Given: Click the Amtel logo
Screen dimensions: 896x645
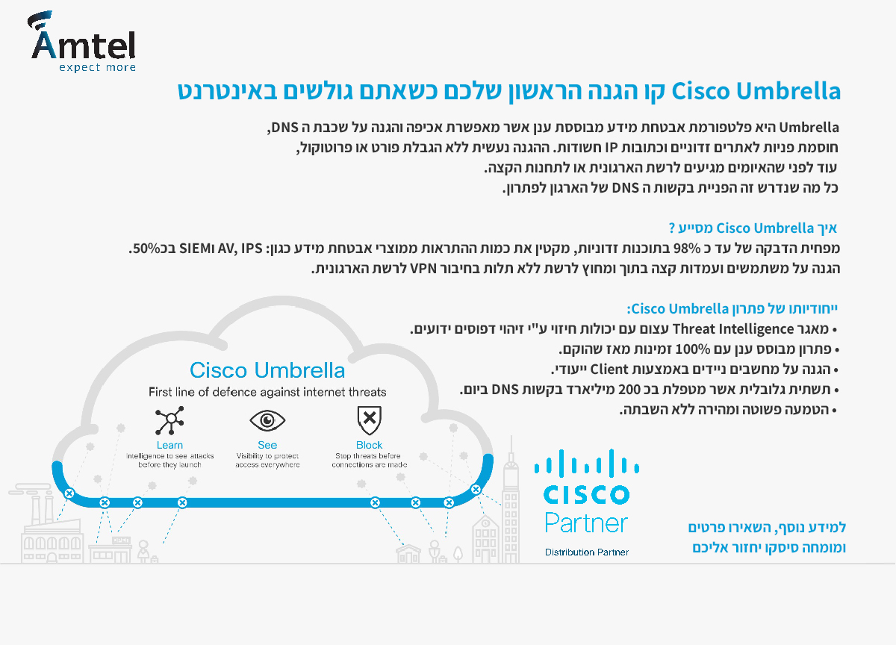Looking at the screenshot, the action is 83,41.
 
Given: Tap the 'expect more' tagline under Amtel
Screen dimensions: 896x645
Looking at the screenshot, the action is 98,67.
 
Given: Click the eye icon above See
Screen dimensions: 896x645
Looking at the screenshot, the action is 267,420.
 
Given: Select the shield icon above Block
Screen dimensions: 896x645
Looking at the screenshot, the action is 369,420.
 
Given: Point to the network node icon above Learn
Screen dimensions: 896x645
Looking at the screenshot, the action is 169,420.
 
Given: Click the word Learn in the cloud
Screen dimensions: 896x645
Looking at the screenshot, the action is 169,445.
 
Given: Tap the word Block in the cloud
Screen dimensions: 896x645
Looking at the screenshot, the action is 369,445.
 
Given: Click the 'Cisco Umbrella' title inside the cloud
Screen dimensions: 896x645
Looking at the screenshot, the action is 267,370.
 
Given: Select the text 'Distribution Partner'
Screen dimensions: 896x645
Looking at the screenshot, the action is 587,552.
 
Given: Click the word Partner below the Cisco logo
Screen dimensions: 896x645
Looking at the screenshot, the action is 586,523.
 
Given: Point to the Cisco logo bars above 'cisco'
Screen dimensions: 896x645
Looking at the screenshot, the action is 586,463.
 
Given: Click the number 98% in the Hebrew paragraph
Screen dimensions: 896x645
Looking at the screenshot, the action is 687,249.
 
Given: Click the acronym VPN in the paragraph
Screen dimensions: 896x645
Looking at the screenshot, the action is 423,269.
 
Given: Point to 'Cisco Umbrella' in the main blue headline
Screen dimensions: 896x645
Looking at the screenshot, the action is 756,91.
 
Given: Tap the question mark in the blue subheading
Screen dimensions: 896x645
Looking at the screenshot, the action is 672,228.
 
